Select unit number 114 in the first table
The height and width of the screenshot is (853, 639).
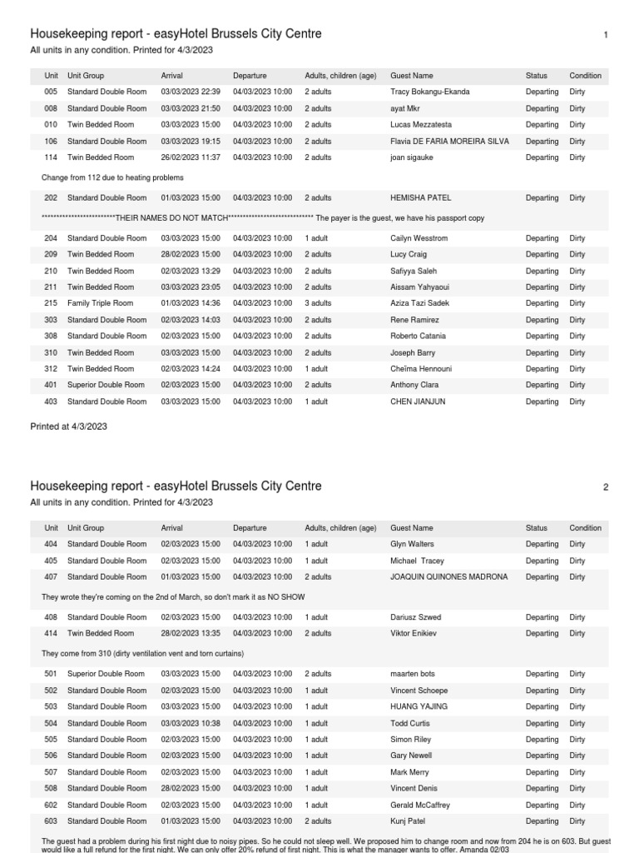(x=52, y=157)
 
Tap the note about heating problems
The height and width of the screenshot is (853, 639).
(x=112, y=177)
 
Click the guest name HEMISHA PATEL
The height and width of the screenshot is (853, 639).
(x=419, y=198)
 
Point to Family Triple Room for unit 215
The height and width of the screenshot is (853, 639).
(x=100, y=304)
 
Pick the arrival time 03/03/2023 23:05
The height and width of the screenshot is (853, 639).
(x=191, y=287)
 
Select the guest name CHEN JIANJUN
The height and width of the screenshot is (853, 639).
(x=419, y=402)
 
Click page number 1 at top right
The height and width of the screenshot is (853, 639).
(x=606, y=35)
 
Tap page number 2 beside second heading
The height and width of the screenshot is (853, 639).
(x=606, y=487)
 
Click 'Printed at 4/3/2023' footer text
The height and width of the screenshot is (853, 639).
(x=68, y=426)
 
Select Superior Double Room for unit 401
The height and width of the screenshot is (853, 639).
(x=106, y=386)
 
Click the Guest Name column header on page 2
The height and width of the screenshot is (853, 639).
(x=412, y=528)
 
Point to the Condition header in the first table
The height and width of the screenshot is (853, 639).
(x=585, y=76)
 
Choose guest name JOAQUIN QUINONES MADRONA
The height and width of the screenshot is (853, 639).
(x=448, y=577)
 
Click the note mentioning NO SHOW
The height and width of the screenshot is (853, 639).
(x=173, y=597)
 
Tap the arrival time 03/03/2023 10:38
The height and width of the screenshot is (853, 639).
(x=191, y=724)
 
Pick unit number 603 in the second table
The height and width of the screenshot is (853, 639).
(x=52, y=821)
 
